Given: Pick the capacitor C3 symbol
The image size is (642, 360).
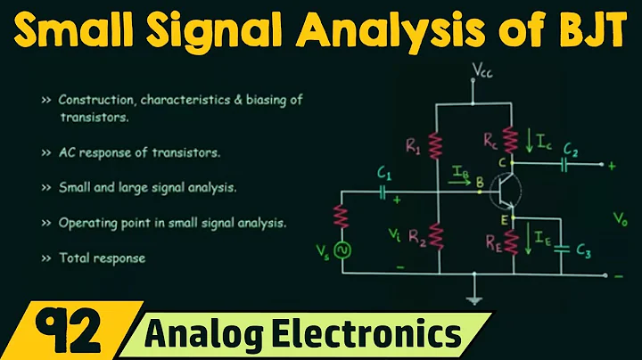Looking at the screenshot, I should click(x=561, y=249).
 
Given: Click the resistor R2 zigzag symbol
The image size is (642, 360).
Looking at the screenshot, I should click(x=435, y=235).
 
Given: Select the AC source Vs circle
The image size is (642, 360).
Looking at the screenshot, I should click(x=340, y=250).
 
